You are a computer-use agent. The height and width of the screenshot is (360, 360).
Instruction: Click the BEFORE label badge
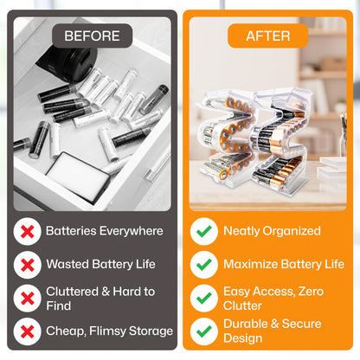click(x=92, y=35)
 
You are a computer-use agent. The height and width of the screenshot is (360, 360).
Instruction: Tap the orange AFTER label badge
click(x=267, y=35)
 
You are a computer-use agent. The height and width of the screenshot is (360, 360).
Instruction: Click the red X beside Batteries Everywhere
click(x=29, y=231)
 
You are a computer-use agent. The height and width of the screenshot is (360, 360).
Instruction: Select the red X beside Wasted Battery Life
click(x=29, y=264)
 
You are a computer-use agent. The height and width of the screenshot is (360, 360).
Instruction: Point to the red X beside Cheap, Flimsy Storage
click(x=29, y=331)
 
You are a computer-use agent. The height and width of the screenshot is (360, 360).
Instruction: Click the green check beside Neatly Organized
click(x=203, y=231)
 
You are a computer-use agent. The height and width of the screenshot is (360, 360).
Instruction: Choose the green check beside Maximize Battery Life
click(x=203, y=264)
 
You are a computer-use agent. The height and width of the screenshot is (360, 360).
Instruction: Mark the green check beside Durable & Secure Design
click(x=203, y=331)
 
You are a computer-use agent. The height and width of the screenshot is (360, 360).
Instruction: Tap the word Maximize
click(x=254, y=264)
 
